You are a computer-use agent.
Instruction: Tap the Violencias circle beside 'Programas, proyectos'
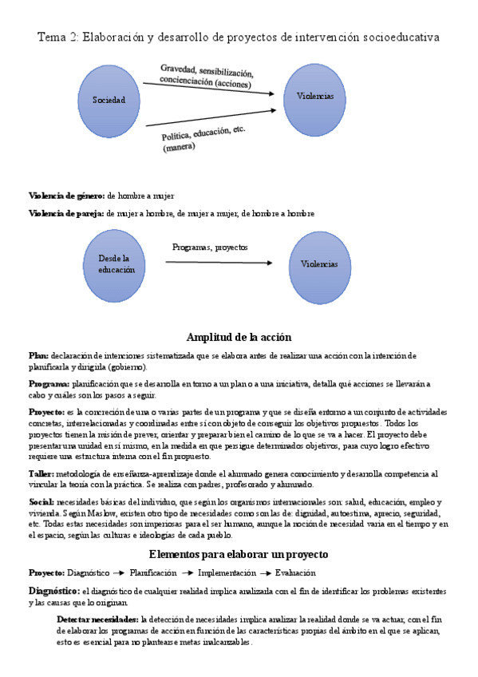[319, 265]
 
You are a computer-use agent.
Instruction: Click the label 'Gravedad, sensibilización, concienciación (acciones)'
[206, 76]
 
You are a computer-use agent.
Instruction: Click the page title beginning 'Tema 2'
[239, 37]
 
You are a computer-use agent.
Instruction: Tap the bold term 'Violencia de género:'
[66, 196]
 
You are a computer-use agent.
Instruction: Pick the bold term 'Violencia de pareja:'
[66, 213]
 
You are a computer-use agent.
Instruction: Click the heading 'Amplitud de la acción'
[239, 337]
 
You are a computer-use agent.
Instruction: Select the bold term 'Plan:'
[38, 355]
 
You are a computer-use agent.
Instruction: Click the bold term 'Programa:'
[49, 384]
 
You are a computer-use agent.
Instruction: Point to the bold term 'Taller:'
[42, 473]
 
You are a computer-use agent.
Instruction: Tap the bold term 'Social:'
[41, 502]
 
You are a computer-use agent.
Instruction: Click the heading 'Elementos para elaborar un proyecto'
[239, 554]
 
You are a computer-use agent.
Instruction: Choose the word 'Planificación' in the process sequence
[153, 572]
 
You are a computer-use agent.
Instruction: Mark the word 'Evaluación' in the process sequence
[295, 572]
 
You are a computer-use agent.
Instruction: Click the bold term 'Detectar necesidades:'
[98, 619]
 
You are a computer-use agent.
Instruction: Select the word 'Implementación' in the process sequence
[227, 572]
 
